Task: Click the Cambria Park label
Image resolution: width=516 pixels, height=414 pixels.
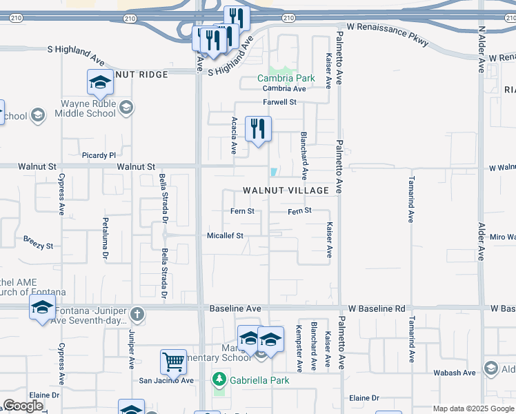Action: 286,78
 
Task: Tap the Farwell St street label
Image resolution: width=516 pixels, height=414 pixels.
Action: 279,102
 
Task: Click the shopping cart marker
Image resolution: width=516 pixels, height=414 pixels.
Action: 173,361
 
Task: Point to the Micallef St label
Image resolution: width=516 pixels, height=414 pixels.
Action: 226,235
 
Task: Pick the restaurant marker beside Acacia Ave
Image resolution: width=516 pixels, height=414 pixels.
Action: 258,128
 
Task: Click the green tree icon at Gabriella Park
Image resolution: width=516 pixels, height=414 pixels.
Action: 219,379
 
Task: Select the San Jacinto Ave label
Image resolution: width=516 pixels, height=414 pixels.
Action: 166,380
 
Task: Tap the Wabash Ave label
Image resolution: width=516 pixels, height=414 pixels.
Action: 455,373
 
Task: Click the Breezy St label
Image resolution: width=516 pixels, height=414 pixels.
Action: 38,245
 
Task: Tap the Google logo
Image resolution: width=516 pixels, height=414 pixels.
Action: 23,406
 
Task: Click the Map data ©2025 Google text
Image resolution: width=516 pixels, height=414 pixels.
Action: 473,408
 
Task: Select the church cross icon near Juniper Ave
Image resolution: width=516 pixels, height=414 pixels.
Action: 137,315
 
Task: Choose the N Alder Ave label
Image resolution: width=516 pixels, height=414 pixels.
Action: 482,49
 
